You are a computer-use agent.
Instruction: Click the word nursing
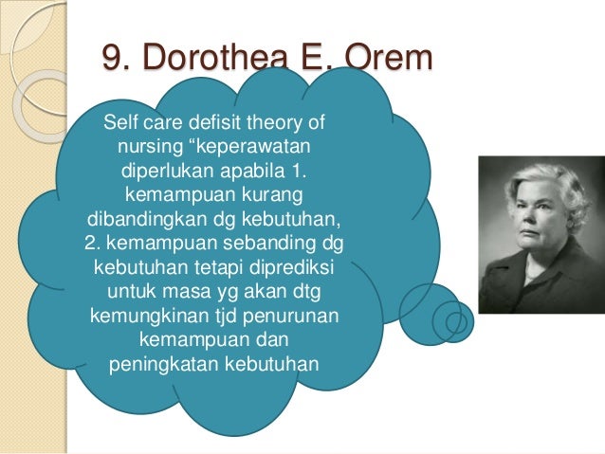[148, 149]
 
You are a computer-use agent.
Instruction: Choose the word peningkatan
[158, 362]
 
